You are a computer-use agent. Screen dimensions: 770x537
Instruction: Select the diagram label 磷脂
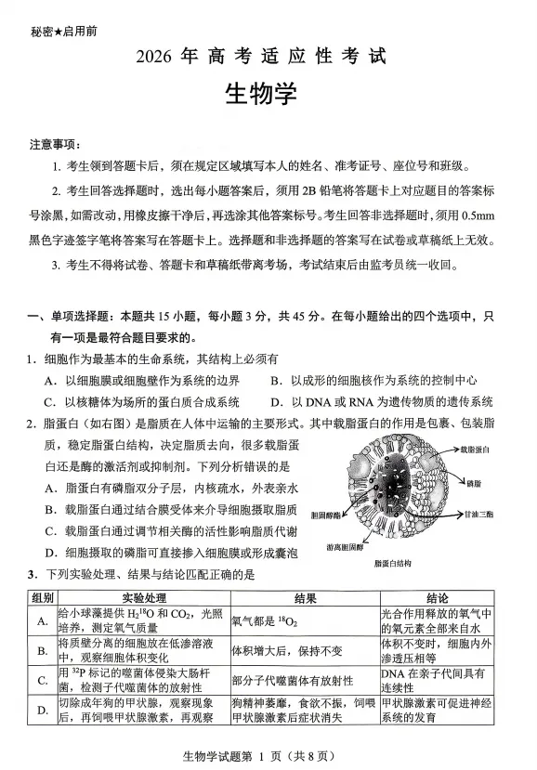pyautogui.click(x=474, y=484)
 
